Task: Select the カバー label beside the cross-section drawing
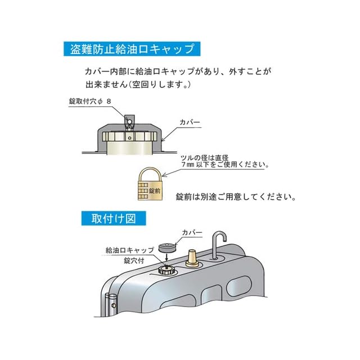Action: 190,121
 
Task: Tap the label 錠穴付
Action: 134,260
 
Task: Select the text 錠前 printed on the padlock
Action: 155,191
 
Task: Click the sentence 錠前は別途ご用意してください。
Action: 236,197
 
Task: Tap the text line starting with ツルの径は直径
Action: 215,159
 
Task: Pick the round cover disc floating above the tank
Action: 168,247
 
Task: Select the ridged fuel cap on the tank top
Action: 166,270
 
